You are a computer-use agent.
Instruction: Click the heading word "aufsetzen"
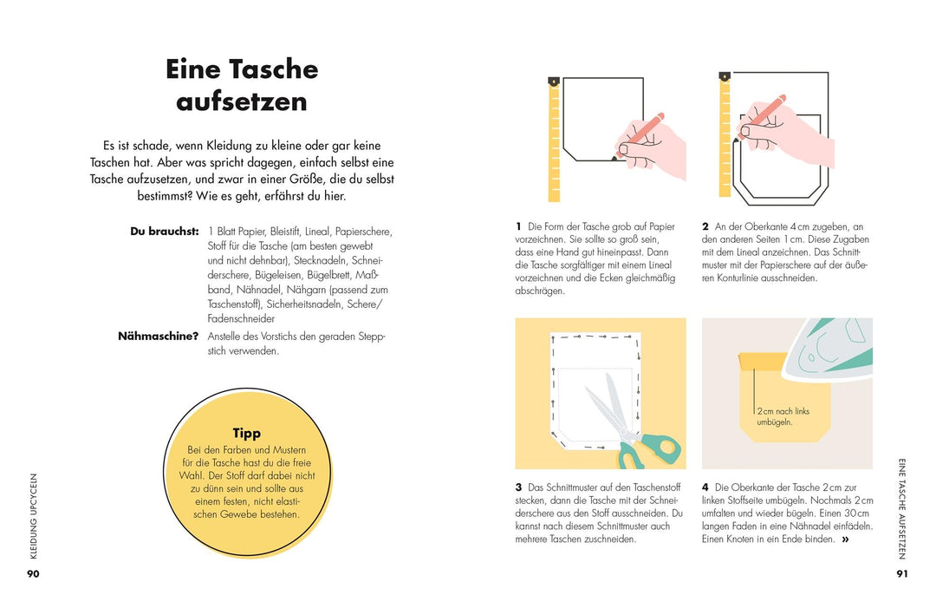(x=242, y=101)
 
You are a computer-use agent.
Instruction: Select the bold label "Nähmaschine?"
(x=159, y=337)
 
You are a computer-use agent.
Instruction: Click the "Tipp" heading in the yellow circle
(x=247, y=433)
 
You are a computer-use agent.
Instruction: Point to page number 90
(x=33, y=573)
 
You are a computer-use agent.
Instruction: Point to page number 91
(x=902, y=573)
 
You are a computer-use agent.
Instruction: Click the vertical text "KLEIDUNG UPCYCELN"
(x=33, y=515)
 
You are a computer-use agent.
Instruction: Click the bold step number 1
(x=518, y=226)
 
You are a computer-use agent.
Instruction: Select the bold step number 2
(x=705, y=226)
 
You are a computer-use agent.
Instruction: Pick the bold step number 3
(x=518, y=487)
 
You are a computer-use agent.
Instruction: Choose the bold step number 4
(x=705, y=487)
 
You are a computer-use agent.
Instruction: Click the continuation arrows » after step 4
(x=845, y=539)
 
